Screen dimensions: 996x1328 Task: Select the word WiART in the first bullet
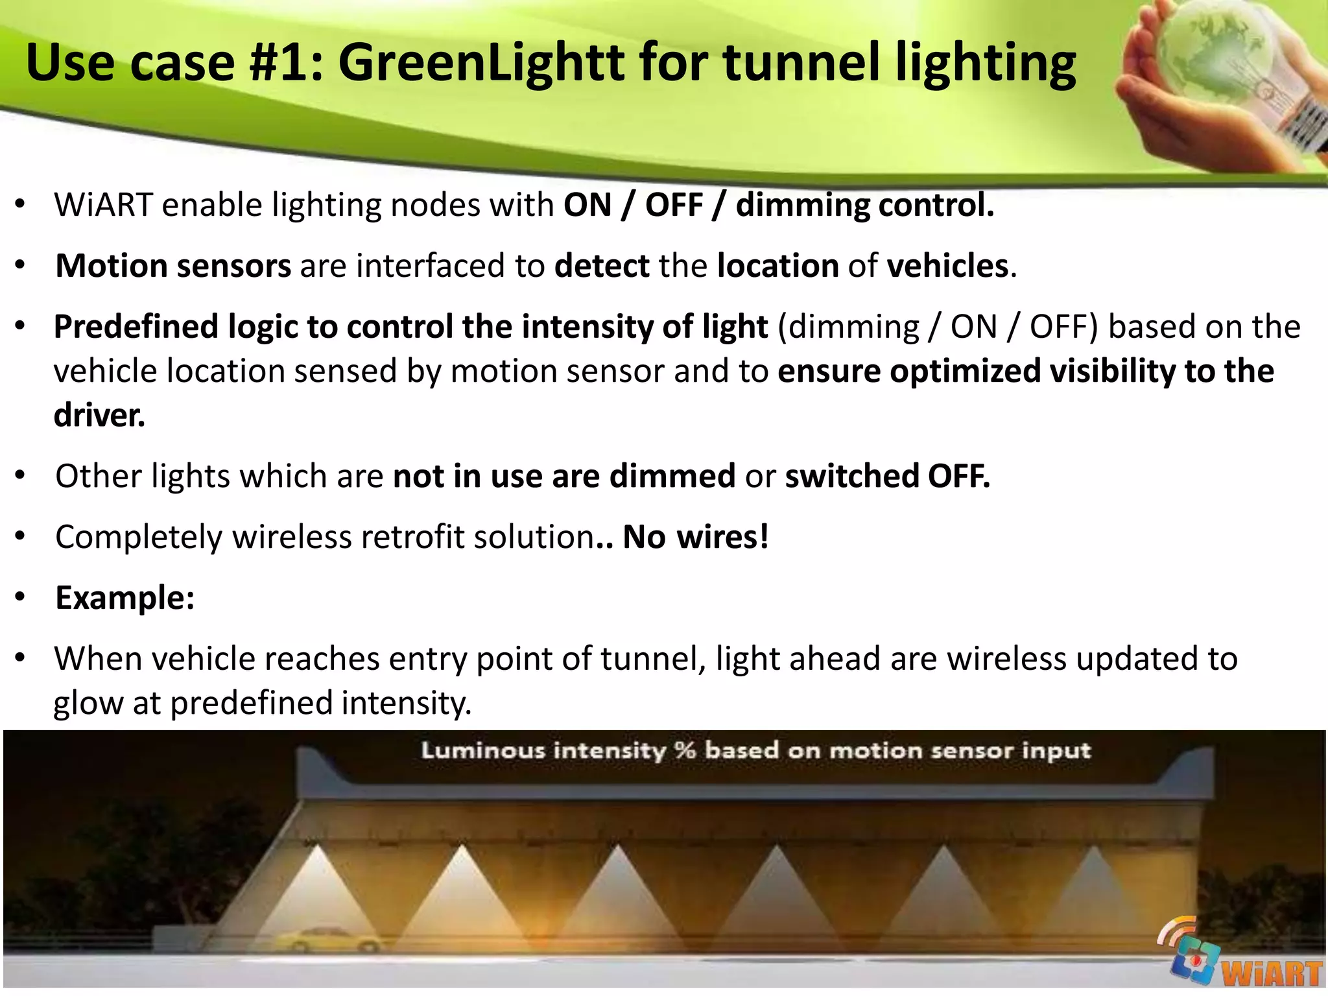coord(103,206)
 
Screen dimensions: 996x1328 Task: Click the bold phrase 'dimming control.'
coord(864,206)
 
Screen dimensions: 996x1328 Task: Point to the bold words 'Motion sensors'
coord(173,266)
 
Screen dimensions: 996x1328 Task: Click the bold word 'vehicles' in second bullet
coord(947,266)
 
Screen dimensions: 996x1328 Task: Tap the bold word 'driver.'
coord(99,415)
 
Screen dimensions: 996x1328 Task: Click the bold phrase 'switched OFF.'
coord(887,476)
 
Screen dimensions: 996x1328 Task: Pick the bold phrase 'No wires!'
coord(696,537)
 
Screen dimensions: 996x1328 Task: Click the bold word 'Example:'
coord(125,598)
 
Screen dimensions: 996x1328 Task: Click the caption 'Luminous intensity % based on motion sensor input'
coord(755,751)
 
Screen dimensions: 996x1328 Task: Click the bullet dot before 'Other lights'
coord(21,476)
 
